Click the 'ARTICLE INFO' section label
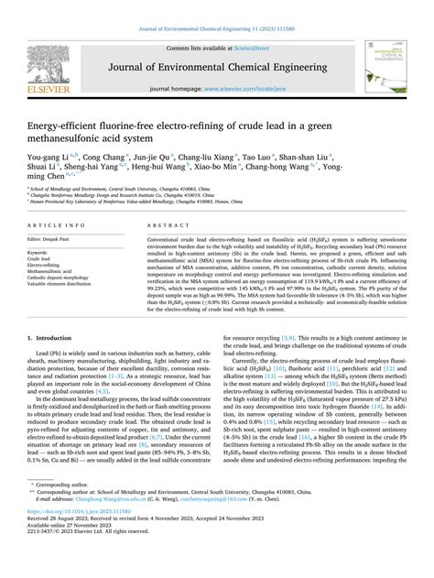(x=53, y=223)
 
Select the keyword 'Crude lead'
(x=44, y=257)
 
